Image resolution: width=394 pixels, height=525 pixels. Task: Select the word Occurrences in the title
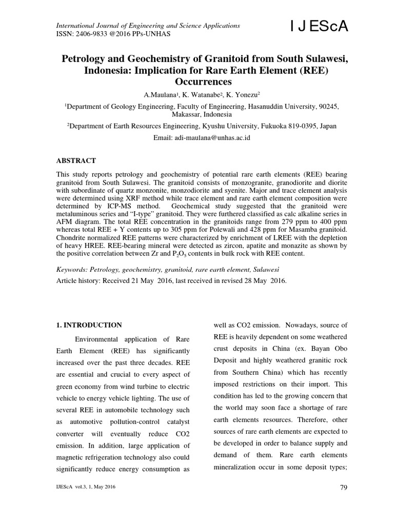pyautogui.click(x=197, y=81)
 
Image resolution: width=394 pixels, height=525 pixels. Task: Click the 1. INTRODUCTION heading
pyautogui.click(x=88, y=325)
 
